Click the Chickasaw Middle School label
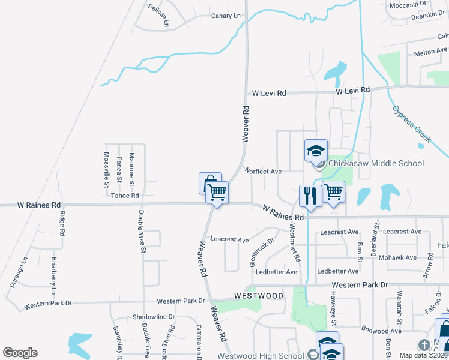[376, 163]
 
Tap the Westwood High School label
[261, 355]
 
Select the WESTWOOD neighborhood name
[258, 296]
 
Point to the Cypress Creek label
[412, 124]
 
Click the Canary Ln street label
[225, 16]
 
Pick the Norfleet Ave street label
[263, 172]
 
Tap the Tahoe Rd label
[125, 196]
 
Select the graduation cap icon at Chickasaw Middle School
[316, 151]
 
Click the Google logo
[20, 353]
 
